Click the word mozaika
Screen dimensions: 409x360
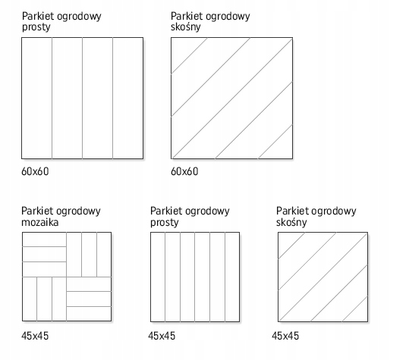pos(40,222)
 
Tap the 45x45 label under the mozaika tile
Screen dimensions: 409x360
pos(35,336)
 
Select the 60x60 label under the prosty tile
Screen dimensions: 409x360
pos(35,171)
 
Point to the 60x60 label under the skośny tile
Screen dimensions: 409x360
pos(184,171)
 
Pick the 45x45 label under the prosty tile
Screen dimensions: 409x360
pos(162,336)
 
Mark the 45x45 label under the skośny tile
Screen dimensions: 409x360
pos(285,336)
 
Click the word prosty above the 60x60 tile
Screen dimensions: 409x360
pos(36,27)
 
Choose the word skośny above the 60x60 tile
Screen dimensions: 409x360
pos(186,27)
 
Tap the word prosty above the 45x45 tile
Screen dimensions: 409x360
pos(165,223)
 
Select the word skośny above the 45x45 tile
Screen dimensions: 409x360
pos(291,223)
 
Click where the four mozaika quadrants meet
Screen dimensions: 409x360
pos(66,277)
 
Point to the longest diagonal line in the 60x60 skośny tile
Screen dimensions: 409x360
pos(232,99)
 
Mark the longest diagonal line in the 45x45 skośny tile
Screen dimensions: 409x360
pos(323,277)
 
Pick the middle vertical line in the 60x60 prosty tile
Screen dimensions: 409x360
pos(83,99)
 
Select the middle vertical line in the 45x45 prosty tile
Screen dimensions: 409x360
pos(194,277)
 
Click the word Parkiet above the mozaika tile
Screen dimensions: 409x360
pos(38,211)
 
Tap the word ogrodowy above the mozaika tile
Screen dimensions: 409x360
pos(78,211)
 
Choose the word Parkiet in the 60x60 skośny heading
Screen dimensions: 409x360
pos(187,16)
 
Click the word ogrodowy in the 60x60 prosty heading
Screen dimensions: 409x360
pos(79,17)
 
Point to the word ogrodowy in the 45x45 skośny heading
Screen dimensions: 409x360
pos(334,211)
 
